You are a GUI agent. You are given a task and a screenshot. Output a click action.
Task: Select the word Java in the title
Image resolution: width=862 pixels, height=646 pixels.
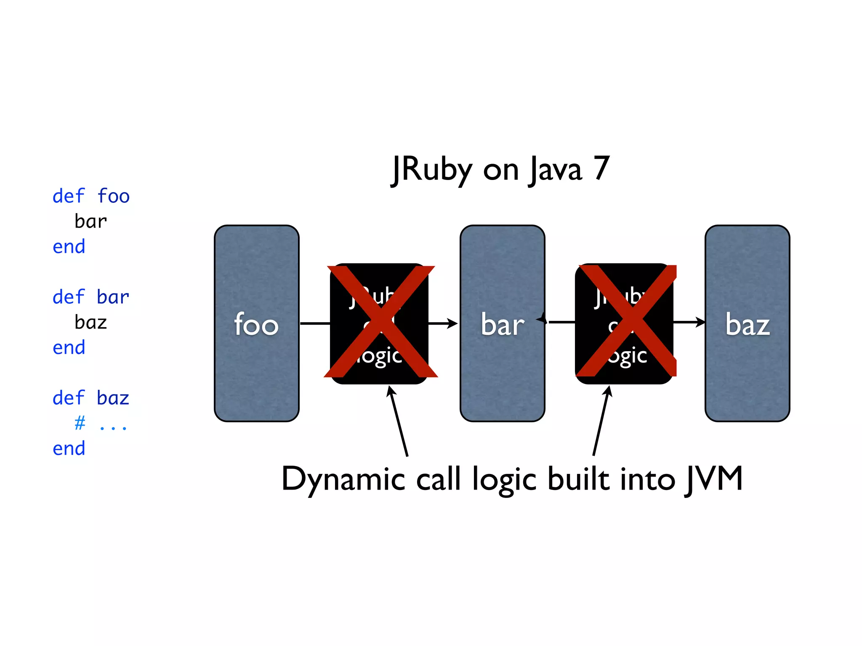click(x=555, y=169)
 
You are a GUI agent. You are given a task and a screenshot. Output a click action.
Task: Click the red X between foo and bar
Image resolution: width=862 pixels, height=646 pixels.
click(x=380, y=322)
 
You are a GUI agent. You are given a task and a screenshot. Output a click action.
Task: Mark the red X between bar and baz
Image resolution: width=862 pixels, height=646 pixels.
click(x=627, y=321)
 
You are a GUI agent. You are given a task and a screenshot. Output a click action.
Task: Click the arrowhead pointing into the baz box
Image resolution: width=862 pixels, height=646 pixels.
click(x=700, y=322)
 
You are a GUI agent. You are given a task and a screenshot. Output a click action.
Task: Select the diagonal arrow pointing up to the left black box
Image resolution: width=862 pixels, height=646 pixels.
click(x=398, y=421)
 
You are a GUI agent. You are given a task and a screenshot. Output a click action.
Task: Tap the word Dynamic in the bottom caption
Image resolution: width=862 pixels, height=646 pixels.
click(x=343, y=479)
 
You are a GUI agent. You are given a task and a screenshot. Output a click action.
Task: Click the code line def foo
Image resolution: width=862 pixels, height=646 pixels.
click(x=91, y=196)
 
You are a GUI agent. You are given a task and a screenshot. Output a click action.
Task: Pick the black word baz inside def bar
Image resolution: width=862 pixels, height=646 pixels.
click(x=91, y=323)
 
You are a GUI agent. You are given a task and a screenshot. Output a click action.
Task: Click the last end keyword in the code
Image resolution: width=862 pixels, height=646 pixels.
click(x=69, y=448)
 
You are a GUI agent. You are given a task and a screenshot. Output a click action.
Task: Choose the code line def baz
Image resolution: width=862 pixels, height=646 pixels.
click(x=91, y=398)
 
